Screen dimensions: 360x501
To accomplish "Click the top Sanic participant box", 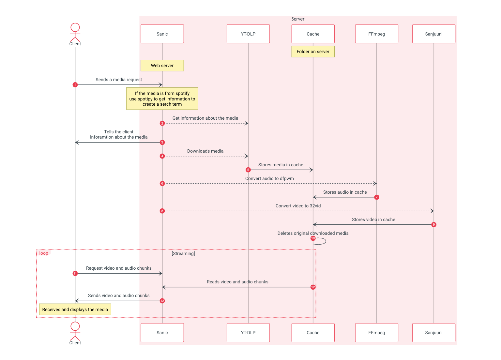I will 162,34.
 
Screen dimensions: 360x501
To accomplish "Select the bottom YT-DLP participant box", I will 248,333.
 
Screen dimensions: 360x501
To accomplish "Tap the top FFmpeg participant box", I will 376,34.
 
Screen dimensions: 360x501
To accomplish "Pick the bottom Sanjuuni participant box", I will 433,333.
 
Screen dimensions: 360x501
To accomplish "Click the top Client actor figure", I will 75,33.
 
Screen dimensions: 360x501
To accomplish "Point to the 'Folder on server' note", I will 313,52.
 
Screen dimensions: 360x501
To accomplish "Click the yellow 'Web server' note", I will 162,66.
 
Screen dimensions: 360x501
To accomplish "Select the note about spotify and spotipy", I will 162,98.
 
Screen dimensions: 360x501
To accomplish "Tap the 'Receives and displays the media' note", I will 75,309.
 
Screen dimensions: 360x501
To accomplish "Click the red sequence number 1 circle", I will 75,85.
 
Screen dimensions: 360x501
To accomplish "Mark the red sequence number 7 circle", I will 376,197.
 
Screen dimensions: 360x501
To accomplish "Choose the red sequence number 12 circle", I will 313,287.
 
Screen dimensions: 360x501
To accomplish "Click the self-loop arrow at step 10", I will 321,241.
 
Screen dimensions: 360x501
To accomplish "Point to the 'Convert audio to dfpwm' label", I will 269,178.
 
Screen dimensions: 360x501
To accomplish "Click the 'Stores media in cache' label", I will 281,165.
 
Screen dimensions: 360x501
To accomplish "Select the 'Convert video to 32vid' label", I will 298,206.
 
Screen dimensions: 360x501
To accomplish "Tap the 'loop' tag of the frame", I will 44,253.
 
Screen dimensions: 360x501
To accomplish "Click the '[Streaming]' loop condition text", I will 183,253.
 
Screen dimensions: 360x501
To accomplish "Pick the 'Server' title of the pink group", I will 298,19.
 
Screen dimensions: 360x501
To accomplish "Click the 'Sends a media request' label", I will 119,80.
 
